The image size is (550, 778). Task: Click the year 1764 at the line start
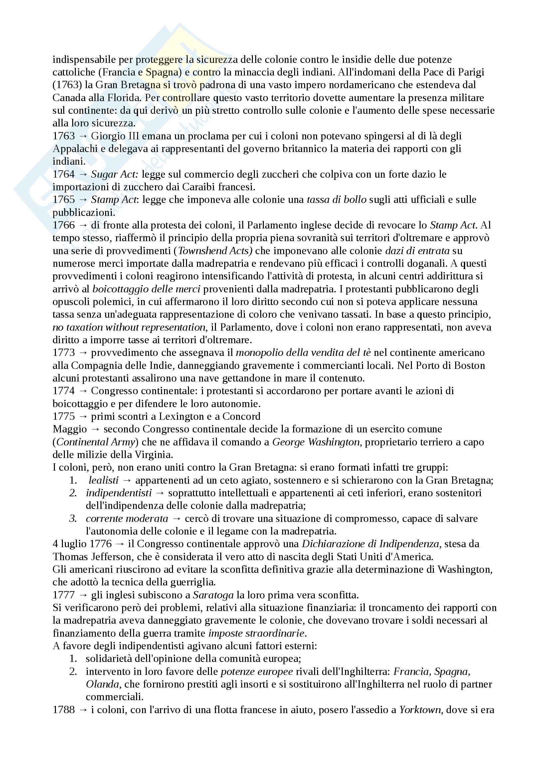tap(63, 174)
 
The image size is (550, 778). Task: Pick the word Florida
tap(123, 97)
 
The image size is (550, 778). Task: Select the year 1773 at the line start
tap(63, 353)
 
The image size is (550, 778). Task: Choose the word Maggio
tap(70, 429)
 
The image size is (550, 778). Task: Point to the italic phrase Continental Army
tap(96, 442)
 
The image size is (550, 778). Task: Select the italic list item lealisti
tap(103, 480)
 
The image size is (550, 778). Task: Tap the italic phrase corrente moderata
tap(127, 519)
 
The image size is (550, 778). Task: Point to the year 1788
tap(63, 710)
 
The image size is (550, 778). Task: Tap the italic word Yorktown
tap(420, 710)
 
